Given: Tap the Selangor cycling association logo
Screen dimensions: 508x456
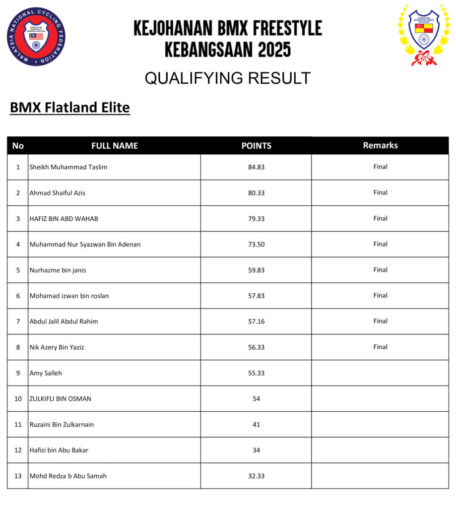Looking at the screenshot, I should [x=423, y=35].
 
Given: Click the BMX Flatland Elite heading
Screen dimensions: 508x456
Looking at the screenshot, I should [x=69, y=108].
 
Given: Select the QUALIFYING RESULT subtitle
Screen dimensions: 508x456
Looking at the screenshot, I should [x=227, y=78].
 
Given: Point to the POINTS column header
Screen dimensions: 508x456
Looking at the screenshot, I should [x=256, y=146].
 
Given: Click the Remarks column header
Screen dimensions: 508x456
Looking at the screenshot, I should [x=380, y=145].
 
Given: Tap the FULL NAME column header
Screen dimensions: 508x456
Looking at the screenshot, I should [x=115, y=146].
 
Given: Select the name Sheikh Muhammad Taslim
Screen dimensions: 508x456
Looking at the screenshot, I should [x=68, y=167].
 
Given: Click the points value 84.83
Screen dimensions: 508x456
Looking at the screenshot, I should [x=256, y=167].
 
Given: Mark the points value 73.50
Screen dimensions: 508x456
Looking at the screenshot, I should [x=256, y=244].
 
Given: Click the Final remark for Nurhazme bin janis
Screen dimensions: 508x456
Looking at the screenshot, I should [x=380, y=270].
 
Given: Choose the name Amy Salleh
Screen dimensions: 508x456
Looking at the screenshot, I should [x=46, y=373].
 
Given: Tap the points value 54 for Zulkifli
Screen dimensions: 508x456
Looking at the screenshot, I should [x=256, y=399].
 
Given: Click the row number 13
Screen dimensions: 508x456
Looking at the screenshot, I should [x=18, y=476].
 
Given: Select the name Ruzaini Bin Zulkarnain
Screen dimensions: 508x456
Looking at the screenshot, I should [x=62, y=425].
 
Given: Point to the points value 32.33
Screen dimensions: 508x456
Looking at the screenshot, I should [x=256, y=476].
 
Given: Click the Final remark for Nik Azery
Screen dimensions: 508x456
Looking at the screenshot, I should [x=380, y=347].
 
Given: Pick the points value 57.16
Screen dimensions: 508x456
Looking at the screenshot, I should [x=256, y=321].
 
